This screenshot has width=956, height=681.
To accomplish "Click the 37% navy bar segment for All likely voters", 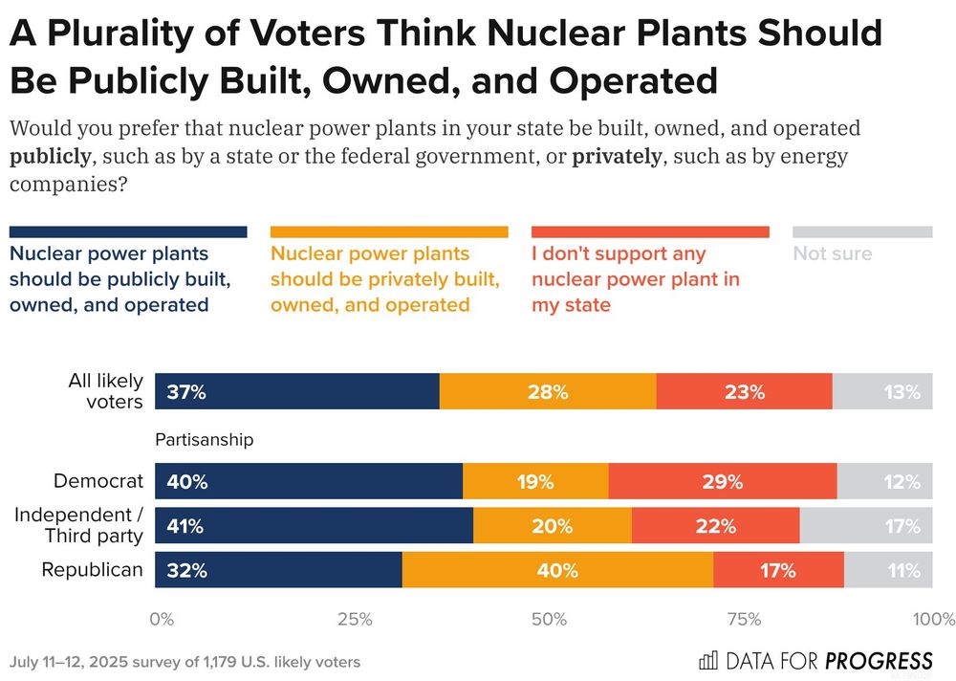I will click(x=296, y=391).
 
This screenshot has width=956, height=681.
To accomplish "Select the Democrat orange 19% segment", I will click(x=535, y=482).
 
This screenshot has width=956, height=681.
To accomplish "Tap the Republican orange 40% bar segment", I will click(x=557, y=570).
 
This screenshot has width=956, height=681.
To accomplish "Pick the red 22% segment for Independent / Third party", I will click(x=715, y=526).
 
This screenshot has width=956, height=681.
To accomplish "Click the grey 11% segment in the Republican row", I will click(x=888, y=570).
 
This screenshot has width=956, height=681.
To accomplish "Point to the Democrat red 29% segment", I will click(x=722, y=482).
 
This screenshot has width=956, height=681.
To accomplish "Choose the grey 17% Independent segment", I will click(x=866, y=526).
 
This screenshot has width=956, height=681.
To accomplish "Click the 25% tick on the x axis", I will click(x=355, y=619).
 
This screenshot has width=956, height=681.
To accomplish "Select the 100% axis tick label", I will click(x=933, y=619).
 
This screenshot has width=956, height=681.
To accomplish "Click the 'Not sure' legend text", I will click(x=833, y=254).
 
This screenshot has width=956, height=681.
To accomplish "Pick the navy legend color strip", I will click(x=128, y=231).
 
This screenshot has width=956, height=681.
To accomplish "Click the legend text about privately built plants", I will click(x=384, y=279).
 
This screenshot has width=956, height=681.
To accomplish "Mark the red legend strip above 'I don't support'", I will click(x=650, y=231).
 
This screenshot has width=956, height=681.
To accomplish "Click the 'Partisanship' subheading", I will click(x=205, y=440).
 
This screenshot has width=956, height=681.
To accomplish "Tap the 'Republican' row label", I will click(x=92, y=570).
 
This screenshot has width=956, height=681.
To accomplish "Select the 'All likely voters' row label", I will click(x=105, y=391).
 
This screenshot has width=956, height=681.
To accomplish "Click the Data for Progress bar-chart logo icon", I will click(x=708, y=661).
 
